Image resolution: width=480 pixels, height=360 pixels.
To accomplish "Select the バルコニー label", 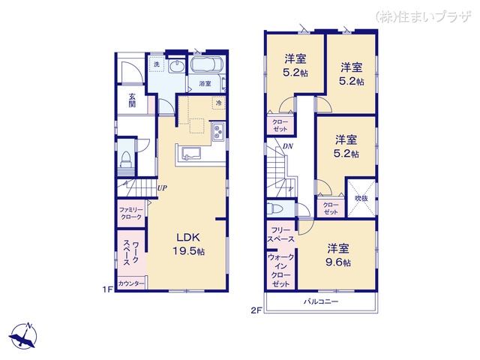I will [321, 302].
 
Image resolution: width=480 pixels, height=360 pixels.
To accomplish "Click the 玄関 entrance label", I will [131, 100].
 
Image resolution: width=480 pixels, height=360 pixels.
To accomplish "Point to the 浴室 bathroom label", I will [205, 83].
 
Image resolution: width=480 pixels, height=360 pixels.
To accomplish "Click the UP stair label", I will [161, 188].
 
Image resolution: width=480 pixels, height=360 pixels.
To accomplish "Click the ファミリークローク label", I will [130, 212].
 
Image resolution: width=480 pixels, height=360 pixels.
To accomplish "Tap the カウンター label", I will [131, 283].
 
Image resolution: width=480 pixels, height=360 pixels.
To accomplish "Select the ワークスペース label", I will [130, 251].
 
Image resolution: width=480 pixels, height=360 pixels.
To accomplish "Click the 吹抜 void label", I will [361, 199].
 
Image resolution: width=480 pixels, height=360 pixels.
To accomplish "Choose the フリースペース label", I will [281, 234].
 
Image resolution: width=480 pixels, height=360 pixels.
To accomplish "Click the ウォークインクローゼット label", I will [281, 271].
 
